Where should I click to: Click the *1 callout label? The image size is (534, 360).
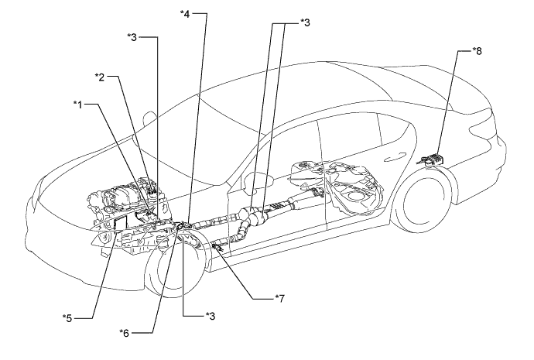point(78,102)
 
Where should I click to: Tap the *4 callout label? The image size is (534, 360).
point(184,13)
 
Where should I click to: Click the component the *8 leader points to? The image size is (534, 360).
point(433,159)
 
